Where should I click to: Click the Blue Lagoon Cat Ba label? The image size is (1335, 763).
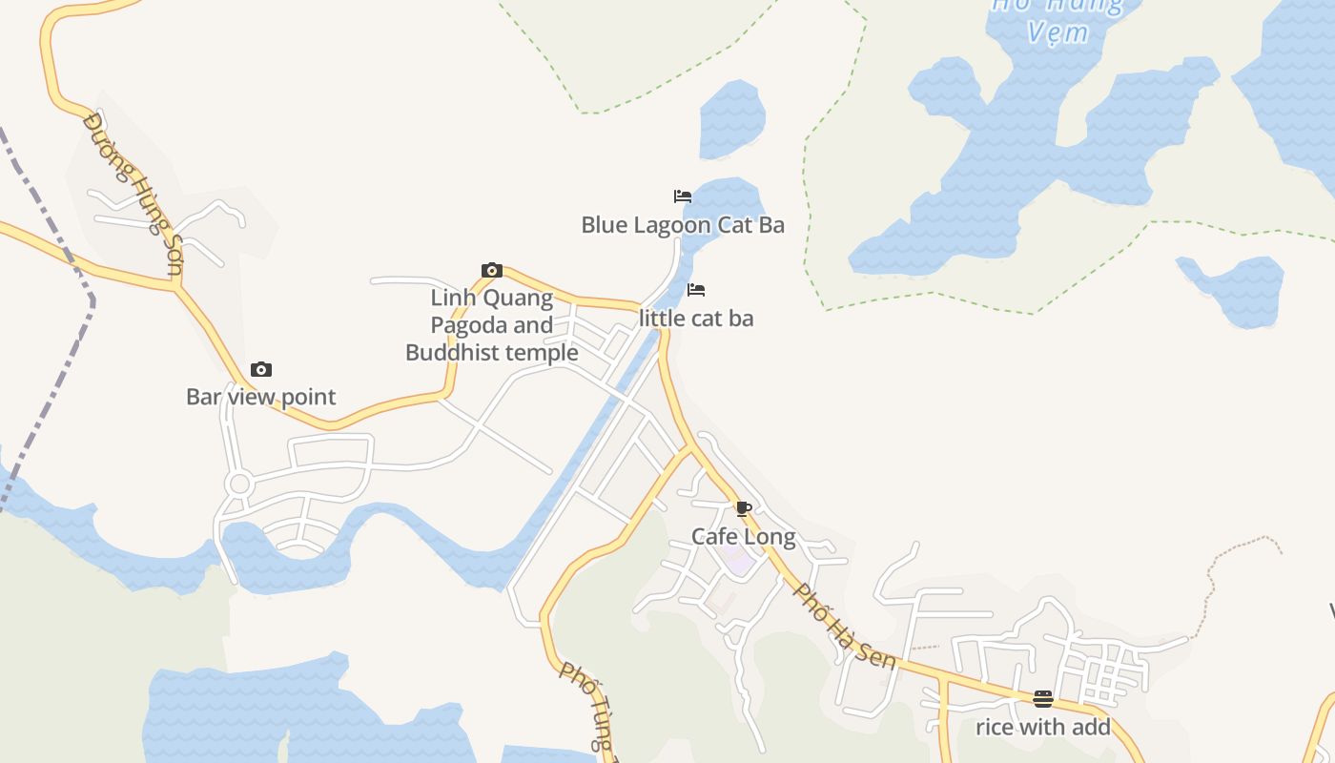[x=683, y=225]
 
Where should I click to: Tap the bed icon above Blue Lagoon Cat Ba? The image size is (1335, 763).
[x=683, y=196]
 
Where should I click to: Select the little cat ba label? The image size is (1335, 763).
[x=696, y=319]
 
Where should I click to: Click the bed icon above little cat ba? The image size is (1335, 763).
[x=696, y=290]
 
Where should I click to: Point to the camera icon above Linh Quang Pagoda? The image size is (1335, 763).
[x=492, y=271]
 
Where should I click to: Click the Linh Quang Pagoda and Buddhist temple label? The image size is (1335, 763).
[x=492, y=325]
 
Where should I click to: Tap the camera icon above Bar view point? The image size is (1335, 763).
[x=261, y=370]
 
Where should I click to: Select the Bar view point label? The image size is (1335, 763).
[x=261, y=397]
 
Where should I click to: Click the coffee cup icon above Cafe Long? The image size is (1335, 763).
[x=744, y=508]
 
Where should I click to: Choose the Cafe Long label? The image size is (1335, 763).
[x=744, y=537]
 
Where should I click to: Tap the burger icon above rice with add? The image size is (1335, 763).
[x=1043, y=699]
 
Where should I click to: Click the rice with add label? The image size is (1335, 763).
[x=1043, y=728]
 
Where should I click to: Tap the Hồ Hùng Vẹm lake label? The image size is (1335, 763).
[x=1058, y=19]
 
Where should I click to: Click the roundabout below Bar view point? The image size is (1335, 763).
[x=238, y=485]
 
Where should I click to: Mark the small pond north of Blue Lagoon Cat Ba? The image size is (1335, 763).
[x=732, y=119]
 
